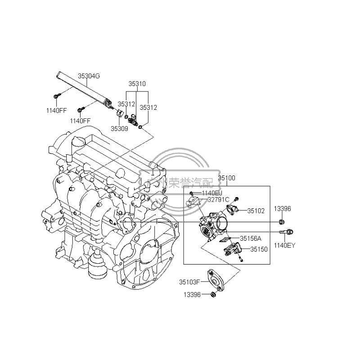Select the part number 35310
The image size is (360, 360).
(x=137, y=84)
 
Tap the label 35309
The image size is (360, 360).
(x=120, y=128)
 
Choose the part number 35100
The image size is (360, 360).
(x=226, y=179)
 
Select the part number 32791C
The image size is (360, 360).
(x=218, y=199)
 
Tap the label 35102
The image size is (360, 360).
(x=256, y=210)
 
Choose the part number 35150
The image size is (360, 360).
(x=259, y=249)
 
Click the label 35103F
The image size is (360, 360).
(x=189, y=282)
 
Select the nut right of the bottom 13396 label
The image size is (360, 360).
(x=213, y=294)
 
